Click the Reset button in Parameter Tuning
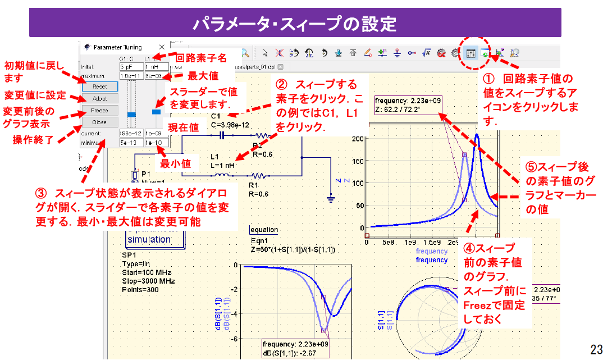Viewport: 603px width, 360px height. pyautogui.click(x=100, y=86)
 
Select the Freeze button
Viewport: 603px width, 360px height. pyautogui.click(x=100, y=110)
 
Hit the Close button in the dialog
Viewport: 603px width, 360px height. pyautogui.click(x=100, y=122)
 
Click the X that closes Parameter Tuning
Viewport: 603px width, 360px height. pyautogui.click(x=162, y=47)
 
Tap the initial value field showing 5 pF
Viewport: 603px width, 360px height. pyautogui.click(x=131, y=66)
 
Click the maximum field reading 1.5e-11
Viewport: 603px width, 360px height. pyautogui.click(x=131, y=75)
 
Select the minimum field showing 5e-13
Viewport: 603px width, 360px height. pyautogui.click(x=131, y=143)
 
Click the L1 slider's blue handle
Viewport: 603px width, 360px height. pyautogui.click(x=156, y=112)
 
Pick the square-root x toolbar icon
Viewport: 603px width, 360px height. pyautogui.click(x=426, y=53)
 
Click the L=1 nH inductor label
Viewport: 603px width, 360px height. pyautogui.click(x=223, y=165)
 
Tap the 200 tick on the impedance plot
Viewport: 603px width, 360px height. pyautogui.click(x=357, y=138)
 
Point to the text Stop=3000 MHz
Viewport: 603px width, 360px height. pyautogui.click(x=148, y=281)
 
